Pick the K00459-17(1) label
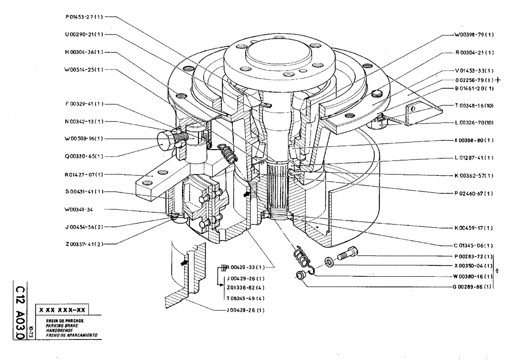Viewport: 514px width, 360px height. click(474, 227)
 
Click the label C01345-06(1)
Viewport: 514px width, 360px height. click(474, 245)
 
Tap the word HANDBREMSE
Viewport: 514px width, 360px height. click(59, 330)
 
